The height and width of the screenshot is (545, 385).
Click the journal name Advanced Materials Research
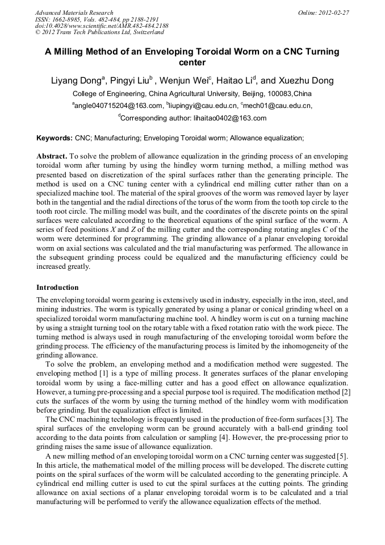(x=74, y=13)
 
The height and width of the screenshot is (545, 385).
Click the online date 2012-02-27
(x=334, y=13)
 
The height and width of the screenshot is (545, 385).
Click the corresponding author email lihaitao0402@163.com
(x=225, y=118)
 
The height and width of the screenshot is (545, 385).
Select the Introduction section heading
(x=57, y=288)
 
